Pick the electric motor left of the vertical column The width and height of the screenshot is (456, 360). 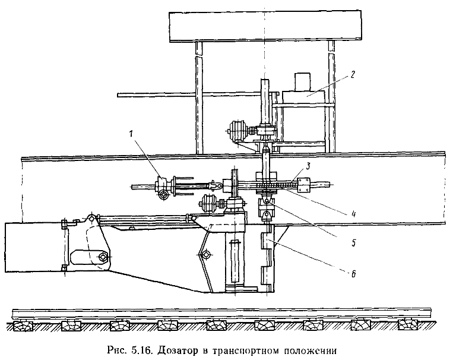(x=238, y=130)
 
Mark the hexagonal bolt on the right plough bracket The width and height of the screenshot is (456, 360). (x=206, y=256)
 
